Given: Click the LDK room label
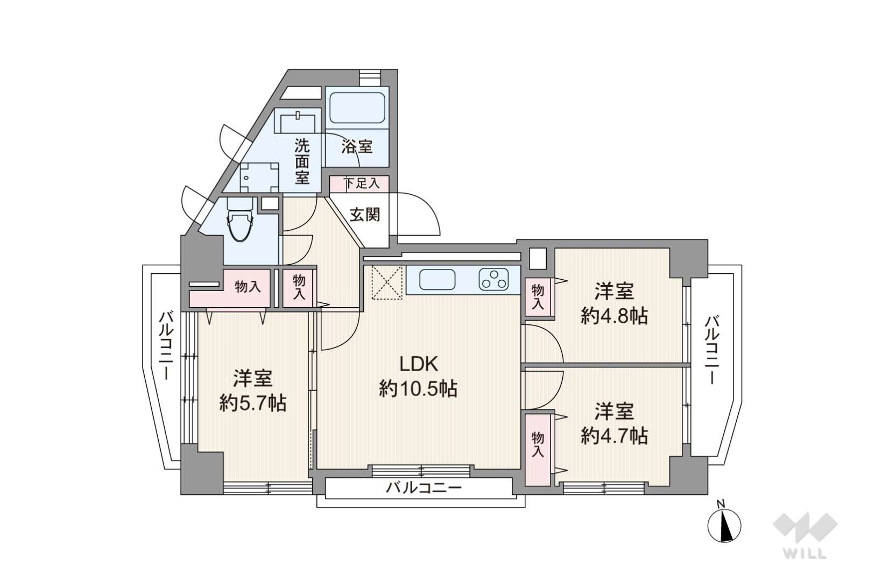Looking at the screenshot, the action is (419, 364).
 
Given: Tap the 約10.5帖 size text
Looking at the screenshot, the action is (419, 389).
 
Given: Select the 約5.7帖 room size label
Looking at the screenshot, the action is (252, 403).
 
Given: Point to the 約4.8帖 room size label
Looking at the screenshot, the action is (614, 316).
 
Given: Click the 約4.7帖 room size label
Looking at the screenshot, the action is (614, 436).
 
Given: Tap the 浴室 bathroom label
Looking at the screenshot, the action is (357, 147).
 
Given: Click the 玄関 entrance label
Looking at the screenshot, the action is (365, 215).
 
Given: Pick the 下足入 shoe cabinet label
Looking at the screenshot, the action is (362, 183).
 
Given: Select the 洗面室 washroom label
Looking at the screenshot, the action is (302, 161).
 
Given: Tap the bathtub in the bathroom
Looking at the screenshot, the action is (357, 108).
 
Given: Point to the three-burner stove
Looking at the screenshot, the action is (493, 279).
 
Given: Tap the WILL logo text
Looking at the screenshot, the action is (805, 553).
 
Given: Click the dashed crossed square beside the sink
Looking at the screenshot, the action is (387, 282).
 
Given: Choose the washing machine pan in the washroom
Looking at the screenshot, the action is (259, 178).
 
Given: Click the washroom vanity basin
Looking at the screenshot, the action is (298, 123).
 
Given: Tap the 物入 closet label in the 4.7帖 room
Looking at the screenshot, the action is (538, 445).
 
